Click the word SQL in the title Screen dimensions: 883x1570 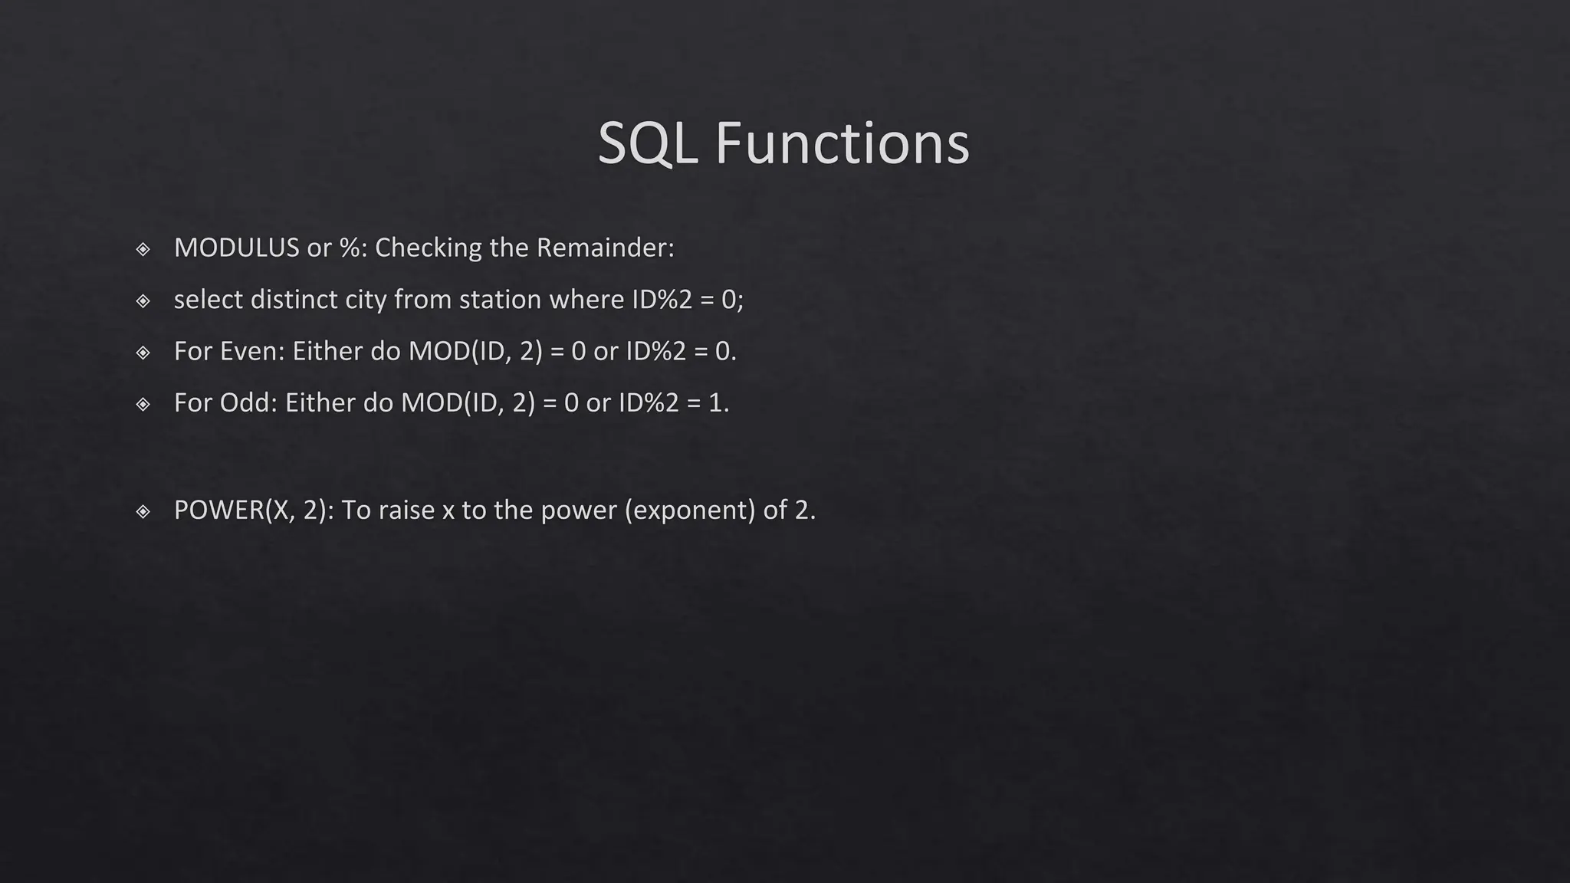[x=647, y=144]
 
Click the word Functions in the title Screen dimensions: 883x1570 [x=842, y=144]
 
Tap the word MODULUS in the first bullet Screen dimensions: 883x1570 [x=236, y=248]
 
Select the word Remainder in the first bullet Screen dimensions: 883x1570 [x=604, y=248]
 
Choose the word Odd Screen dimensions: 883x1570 [x=247, y=402]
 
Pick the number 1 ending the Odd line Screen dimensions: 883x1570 [x=716, y=402]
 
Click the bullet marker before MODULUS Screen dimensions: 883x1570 [x=143, y=248]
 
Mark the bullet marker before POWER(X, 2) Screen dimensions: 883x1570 [x=143, y=510]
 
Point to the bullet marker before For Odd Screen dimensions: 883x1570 [x=143, y=403]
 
